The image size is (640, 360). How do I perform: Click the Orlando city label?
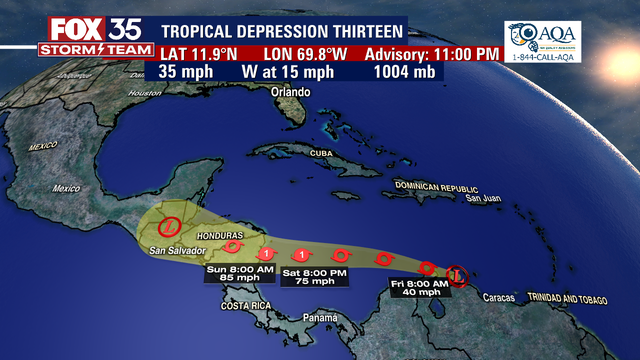pyautogui.click(x=292, y=92)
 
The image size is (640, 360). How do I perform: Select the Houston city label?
pyautogui.click(x=144, y=94)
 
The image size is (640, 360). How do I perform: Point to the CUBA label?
pyautogui.click(x=319, y=152)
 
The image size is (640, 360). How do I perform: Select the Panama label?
pyautogui.click(x=320, y=318)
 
